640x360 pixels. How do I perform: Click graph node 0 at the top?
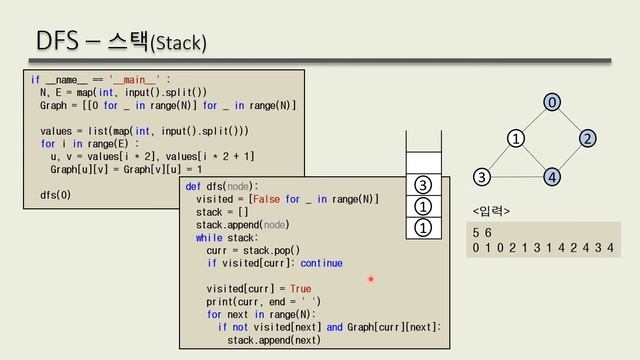(x=551, y=102)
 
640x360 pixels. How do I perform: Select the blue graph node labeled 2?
(x=587, y=138)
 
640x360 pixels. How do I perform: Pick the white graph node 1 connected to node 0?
(x=516, y=138)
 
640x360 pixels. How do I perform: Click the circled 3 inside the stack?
(x=423, y=185)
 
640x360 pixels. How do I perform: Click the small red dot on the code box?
(x=370, y=279)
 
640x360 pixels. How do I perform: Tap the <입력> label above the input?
(x=491, y=211)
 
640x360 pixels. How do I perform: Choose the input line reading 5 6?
(x=482, y=232)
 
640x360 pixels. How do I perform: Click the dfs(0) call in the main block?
(x=55, y=194)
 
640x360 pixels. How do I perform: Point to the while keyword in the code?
(x=209, y=238)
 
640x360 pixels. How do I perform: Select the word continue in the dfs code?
(x=321, y=264)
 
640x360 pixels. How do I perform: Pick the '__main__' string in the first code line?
(x=142, y=79)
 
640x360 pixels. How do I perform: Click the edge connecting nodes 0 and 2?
(x=569, y=120)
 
